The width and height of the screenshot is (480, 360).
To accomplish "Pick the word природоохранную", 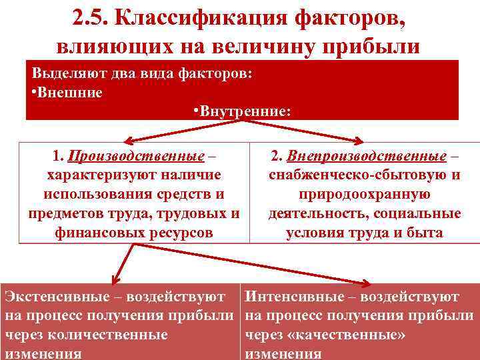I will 364,195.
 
